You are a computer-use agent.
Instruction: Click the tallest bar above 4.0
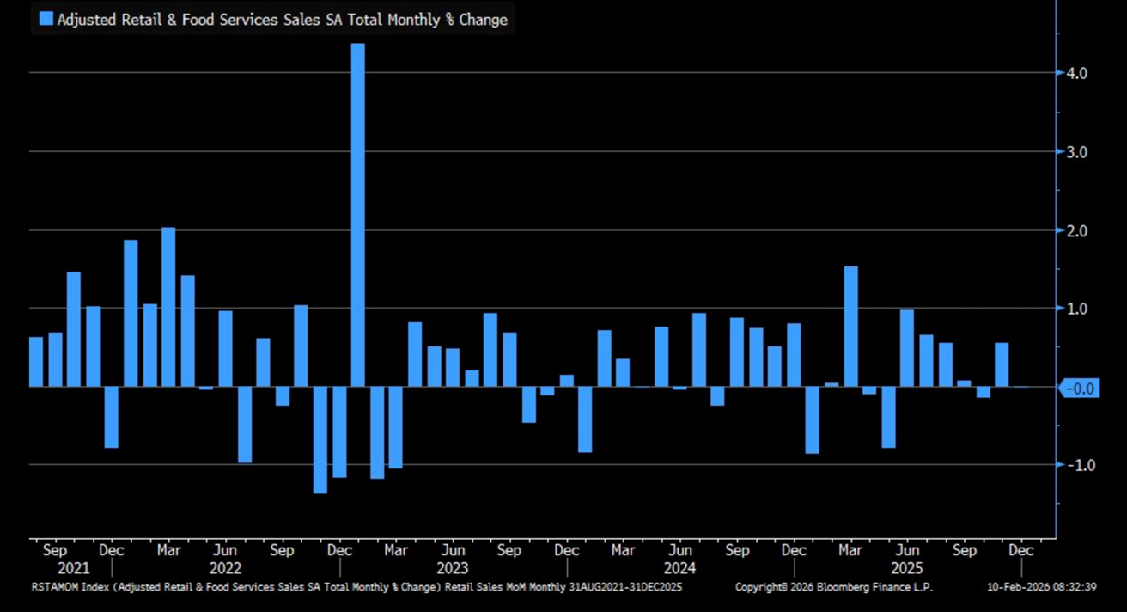(x=357, y=214)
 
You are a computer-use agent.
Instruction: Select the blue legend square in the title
(x=46, y=19)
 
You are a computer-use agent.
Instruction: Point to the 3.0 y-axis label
(x=1076, y=152)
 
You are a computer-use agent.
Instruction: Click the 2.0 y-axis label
(x=1076, y=231)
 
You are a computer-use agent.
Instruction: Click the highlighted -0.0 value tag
(x=1079, y=389)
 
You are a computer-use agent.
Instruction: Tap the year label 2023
(x=452, y=568)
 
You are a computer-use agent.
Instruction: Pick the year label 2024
(x=679, y=568)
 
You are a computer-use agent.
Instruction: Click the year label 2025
(x=907, y=568)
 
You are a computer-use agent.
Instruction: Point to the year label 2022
(x=225, y=568)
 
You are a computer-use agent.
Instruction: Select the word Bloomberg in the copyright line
(x=844, y=587)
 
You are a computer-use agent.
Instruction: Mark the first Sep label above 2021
(x=54, y=550)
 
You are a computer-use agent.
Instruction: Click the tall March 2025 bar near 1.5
(x=850, y=327)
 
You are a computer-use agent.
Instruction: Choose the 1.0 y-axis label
(x=1076, y=309)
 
